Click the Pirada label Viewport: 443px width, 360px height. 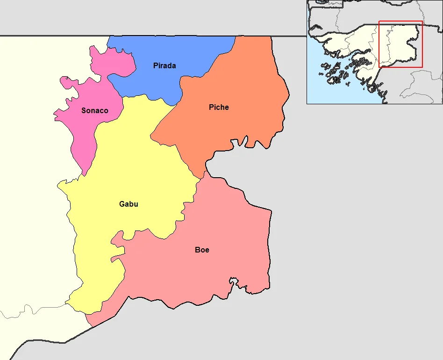pos(164,66)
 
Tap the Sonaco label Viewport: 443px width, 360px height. pos(95,111)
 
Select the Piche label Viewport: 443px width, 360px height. pos(219,108)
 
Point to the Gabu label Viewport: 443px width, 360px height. pos(129,204)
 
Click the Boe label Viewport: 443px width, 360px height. pos(202,250)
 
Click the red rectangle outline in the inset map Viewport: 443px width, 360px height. pos(400,21)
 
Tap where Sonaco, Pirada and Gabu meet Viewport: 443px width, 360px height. pos(123,97)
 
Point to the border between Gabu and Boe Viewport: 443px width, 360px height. pos(154,231)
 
